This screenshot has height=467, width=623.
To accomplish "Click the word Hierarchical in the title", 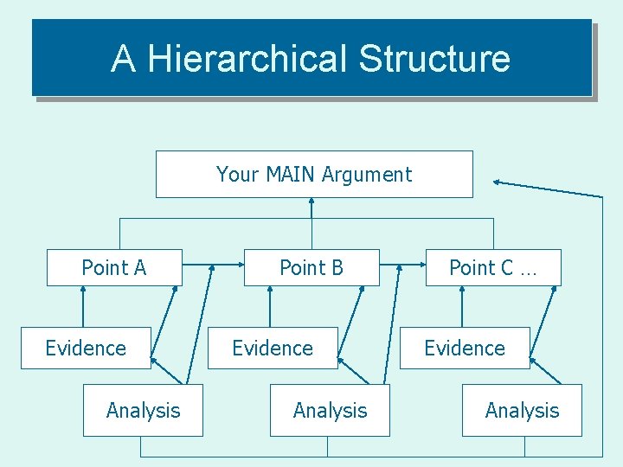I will (247, 59).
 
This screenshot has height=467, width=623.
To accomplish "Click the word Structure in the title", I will (434, 59).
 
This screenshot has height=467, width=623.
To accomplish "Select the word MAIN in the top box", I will (291, 174).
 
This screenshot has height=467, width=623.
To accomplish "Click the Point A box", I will (114, 268).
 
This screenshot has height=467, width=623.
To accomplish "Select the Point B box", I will (311, 268).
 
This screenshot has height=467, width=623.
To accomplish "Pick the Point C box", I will (493, 268).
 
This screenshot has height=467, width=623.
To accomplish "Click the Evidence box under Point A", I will (86, 348).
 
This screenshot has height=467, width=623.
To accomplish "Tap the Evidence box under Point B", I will (273, 348).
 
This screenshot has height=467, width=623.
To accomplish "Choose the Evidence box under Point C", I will (465, 348).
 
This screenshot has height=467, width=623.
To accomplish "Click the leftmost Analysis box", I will (144, 410).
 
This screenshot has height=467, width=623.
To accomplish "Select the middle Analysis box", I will (331, 410).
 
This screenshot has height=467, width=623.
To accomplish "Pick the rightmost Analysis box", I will (523, 410).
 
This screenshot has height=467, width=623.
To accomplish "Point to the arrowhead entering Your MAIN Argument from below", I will (311, 202).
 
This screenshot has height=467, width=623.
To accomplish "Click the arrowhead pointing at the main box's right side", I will (497, 182).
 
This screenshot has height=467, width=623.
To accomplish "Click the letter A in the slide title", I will (123, 59).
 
